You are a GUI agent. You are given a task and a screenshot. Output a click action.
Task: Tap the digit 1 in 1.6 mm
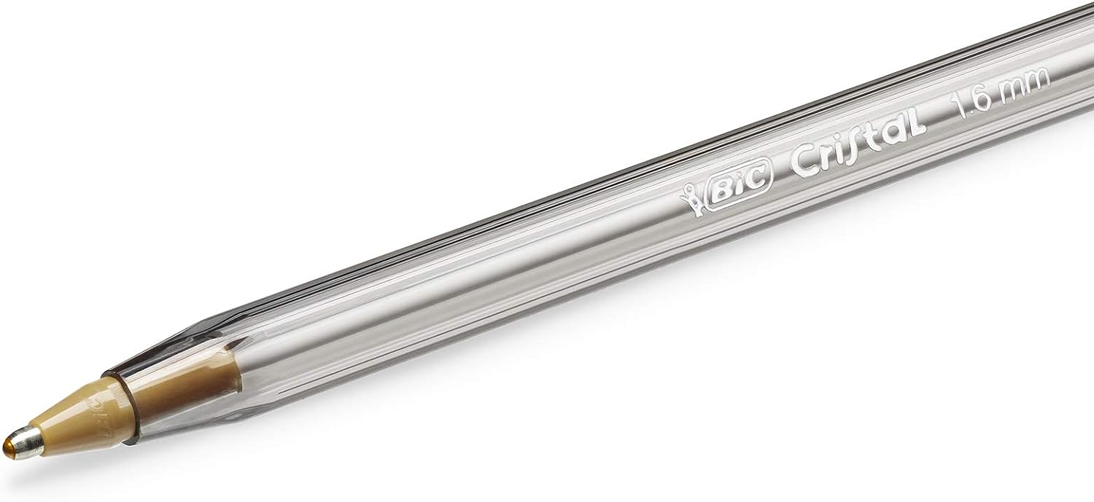pos(961,109)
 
